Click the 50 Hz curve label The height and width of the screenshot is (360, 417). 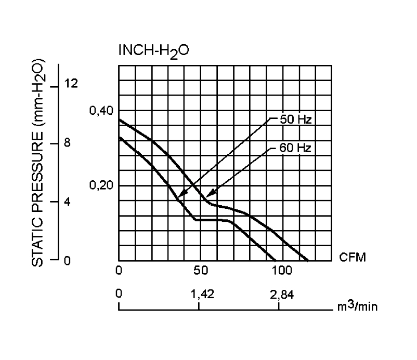pos(295,119)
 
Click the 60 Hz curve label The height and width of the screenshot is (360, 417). pos(295,148)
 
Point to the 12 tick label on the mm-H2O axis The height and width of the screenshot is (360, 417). pos(70,84)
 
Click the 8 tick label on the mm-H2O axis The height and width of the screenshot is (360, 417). pos(67,143)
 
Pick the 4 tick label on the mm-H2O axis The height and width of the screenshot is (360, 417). pos(67,202)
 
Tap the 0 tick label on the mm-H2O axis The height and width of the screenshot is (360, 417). pos(67,260)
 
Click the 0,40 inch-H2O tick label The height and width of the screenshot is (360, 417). pos(101,111)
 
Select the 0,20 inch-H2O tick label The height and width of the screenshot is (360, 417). pos(101,185)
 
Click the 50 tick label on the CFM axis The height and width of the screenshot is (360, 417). pos(200,271)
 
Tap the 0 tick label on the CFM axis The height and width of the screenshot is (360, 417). pos(119,271)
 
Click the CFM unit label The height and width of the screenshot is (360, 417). pos(352,257)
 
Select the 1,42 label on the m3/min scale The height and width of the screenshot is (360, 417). pos(200,295)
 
